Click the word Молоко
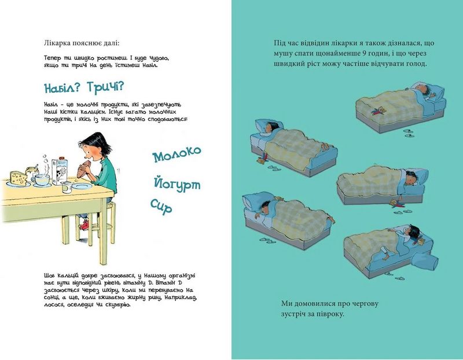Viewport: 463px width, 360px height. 177,154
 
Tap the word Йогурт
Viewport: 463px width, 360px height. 177,184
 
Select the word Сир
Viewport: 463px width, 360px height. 161,206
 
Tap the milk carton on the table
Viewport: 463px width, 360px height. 60,171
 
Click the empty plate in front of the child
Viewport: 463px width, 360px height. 81,186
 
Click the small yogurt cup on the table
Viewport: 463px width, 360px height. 66,188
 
